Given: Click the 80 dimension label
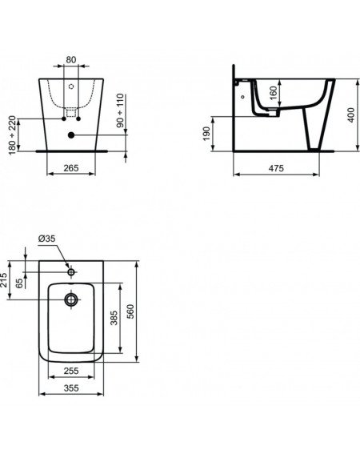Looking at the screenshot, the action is [x=71, y=59].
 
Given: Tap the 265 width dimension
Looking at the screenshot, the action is [x=71, y=168].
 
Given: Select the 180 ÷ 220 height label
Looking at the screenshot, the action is [x=12, y=135].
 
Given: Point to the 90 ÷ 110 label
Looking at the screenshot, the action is [x=120, y=110].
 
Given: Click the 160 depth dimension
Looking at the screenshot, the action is [x=273, y=93].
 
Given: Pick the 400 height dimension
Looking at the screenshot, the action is [x=351, y=115].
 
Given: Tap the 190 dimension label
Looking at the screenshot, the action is [x=206, y=134].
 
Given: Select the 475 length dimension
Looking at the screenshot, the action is [x=276, y=168].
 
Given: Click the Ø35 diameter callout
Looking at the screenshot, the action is [x=46, y=239].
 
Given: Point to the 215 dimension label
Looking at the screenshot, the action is [x=4, y=280].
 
